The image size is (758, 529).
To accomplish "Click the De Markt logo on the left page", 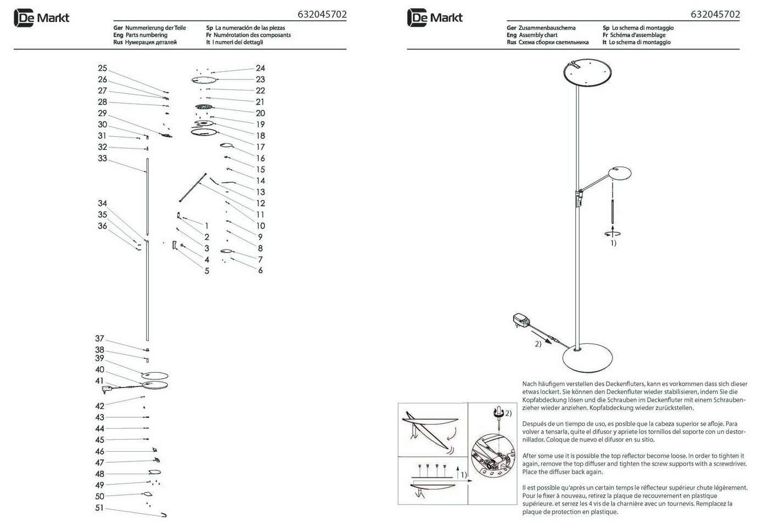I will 42,18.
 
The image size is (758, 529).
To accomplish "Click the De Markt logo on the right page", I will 435,18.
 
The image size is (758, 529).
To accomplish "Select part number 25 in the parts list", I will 103,69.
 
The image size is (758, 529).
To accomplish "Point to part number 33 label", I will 103,159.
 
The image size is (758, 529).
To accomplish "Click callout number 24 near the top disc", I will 260,68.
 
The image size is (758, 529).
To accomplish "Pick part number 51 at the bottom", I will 99,508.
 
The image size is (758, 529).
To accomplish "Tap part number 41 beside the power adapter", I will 99,381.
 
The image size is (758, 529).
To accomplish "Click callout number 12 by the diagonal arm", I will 260,203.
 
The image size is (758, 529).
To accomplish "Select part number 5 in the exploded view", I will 207,271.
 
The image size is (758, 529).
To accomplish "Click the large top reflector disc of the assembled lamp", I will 586,75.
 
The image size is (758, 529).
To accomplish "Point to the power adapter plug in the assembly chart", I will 519,319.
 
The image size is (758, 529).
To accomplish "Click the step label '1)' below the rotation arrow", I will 611,243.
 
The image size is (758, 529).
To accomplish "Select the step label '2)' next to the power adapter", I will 538,344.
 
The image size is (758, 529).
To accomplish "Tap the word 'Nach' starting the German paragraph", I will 529,384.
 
